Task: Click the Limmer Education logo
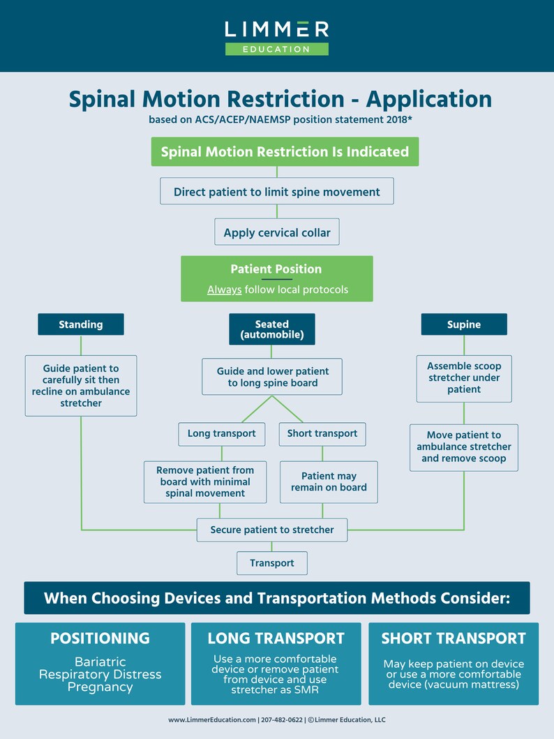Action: click(277, 37)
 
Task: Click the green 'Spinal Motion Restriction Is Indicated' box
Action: click(285, 151)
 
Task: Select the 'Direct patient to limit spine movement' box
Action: click(277, 191)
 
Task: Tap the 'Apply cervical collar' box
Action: click(277, 232)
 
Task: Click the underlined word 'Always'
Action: click(224, 290)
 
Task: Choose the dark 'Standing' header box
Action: click(81, 324)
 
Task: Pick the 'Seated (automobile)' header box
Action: click(272, 329)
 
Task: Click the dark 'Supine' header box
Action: click(464, 324)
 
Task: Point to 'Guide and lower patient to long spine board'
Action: click(272, 377)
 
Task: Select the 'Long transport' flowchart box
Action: click(221, 433)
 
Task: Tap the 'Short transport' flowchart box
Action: click(322, 433)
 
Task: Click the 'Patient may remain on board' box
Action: click(329, 482)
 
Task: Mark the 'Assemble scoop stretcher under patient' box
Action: click(464, 378)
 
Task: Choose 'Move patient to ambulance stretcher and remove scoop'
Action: click(464, 447)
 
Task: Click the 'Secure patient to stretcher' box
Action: click(272, 530)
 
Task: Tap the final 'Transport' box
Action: click(272, 562)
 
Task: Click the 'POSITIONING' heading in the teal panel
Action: click(100, 638)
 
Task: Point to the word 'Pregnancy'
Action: click(100, 687)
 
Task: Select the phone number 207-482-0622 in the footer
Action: click(279, 719)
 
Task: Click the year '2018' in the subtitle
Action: click(394, 119)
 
